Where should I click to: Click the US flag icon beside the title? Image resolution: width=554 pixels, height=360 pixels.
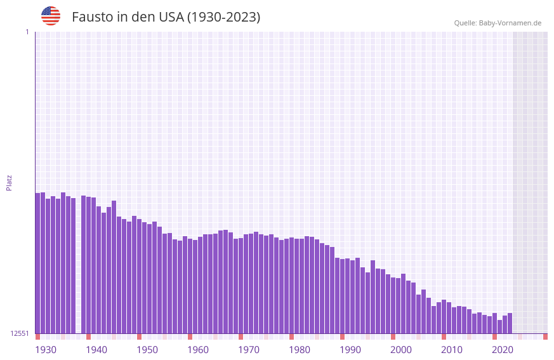coord(51,16)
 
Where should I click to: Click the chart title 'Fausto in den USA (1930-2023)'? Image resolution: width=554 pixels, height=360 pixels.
coord(166,17)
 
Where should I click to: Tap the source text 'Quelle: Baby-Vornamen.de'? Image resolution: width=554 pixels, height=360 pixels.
coord(498,23)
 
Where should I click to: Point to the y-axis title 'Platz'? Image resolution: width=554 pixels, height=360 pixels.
coord(9,182)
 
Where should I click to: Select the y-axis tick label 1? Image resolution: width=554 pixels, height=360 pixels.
coord(27,32)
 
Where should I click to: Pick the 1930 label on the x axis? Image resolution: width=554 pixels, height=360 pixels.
coord(46,350)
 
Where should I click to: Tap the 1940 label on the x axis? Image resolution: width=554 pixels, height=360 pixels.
coord(96,350)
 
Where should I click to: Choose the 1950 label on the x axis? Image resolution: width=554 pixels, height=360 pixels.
coord(147,350)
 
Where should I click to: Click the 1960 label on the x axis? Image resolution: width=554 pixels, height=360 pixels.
coord(198,350)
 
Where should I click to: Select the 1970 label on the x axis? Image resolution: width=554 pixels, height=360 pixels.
coord(249,350)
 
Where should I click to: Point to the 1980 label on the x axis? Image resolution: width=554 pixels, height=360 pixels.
coord(300,350)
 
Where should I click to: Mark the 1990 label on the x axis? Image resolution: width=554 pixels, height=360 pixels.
coord(350,350)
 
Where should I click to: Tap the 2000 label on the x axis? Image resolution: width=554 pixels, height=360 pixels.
coord(401,350)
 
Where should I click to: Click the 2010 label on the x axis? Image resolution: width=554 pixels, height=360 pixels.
coord(452,350)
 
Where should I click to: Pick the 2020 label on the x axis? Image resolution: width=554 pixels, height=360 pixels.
coord(503,350)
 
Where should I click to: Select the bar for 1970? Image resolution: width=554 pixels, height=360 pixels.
coord(241,286)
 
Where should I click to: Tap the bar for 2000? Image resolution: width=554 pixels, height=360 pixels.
coord(393,305)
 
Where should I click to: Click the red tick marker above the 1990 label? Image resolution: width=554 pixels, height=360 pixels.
coord(342,337)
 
